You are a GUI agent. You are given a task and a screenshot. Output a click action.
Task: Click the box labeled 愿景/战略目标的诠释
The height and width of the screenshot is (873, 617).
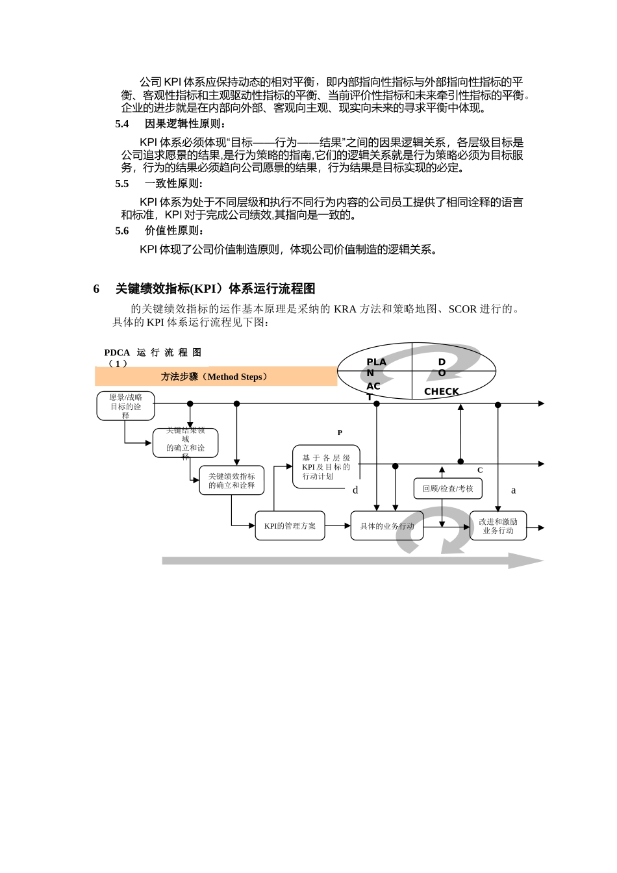[125, 406]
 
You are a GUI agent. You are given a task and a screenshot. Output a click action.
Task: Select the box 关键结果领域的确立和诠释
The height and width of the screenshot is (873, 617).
[185, 443]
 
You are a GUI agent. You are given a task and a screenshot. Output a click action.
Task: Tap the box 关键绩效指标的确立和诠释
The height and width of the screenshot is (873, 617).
[231, 481]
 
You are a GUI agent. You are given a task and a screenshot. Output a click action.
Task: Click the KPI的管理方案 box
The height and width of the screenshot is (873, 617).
[290, 526]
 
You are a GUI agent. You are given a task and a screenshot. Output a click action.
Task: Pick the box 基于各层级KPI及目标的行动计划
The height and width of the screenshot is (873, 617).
[326, 467]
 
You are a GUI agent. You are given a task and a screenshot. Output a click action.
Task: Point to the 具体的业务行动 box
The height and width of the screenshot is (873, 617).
[387, 526]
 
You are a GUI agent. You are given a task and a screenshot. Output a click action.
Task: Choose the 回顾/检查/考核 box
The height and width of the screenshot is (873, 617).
[447, 488]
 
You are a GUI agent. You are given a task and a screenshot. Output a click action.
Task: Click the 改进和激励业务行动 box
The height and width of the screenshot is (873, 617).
[498, 526]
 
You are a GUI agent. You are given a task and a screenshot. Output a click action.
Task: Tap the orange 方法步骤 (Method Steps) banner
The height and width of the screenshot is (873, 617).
[216, 377]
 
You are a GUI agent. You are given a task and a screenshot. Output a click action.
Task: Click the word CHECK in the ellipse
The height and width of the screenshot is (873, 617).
[442, 392]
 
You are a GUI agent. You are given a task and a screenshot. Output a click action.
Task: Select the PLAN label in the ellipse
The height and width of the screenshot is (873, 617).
[375, 367]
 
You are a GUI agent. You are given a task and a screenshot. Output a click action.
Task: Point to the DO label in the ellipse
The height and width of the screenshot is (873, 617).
[442, 367]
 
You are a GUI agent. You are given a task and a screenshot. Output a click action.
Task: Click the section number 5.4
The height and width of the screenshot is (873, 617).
[122, 124]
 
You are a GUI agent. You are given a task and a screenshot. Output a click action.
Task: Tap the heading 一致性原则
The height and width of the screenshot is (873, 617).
[173, 184]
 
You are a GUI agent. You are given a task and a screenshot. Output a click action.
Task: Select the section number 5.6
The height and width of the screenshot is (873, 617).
[122, 231]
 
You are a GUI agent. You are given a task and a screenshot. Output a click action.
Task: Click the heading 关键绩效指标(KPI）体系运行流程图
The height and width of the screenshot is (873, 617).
[215, 289]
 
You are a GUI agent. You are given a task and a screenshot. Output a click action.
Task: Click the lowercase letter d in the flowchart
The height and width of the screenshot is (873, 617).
[355, 490]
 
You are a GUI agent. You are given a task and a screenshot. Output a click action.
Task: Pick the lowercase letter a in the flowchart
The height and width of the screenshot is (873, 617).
[514, 490]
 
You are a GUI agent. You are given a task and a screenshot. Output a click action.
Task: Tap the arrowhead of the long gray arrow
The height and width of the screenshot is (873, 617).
[527, 561]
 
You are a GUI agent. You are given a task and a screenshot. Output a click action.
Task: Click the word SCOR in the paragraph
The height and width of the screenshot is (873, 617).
[462, 309]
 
